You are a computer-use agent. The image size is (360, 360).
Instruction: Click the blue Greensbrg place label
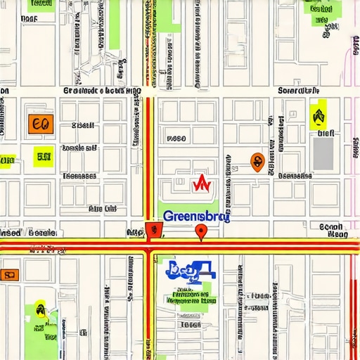[195, 217]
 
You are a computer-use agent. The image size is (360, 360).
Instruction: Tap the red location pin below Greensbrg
[201, 233]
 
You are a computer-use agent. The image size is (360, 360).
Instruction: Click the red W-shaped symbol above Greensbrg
[202, 184]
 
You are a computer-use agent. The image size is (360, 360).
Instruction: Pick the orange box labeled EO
[39, 124]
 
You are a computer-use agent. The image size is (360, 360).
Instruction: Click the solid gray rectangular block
[323, 153]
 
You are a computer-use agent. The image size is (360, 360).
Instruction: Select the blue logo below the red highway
[190, 270]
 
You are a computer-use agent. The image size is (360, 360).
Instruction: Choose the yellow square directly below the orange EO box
[44, 156]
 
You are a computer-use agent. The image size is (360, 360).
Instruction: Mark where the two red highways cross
[148, 246]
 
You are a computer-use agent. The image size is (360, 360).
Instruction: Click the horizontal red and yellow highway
[267, 246]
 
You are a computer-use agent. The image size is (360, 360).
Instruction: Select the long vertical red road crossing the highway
[148, 155]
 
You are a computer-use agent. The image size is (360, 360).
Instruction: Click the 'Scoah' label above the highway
[330, 227]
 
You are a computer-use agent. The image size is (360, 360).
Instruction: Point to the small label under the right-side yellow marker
[326, 132]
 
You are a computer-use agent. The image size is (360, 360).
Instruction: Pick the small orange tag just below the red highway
[10, 275]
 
